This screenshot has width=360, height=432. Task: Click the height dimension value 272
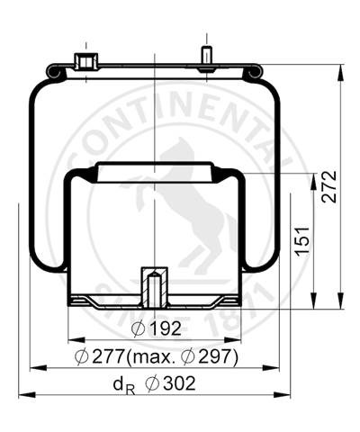pyautogui.click(x=329, y=187)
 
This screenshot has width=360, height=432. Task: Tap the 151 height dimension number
pyautogui.click(x=302, y=241)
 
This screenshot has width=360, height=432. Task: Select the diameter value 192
pyautogui.click(x=166, y=328)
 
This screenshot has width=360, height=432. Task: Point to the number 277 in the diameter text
pyautogui.click(x=108, y=356)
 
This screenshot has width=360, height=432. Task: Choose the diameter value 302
pyautogui.click(x=179, y=383)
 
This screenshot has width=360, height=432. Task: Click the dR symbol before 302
pyautogui.click(x=124, y=385)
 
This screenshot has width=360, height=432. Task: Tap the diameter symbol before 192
pyautogui.click(x=139, y=329)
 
